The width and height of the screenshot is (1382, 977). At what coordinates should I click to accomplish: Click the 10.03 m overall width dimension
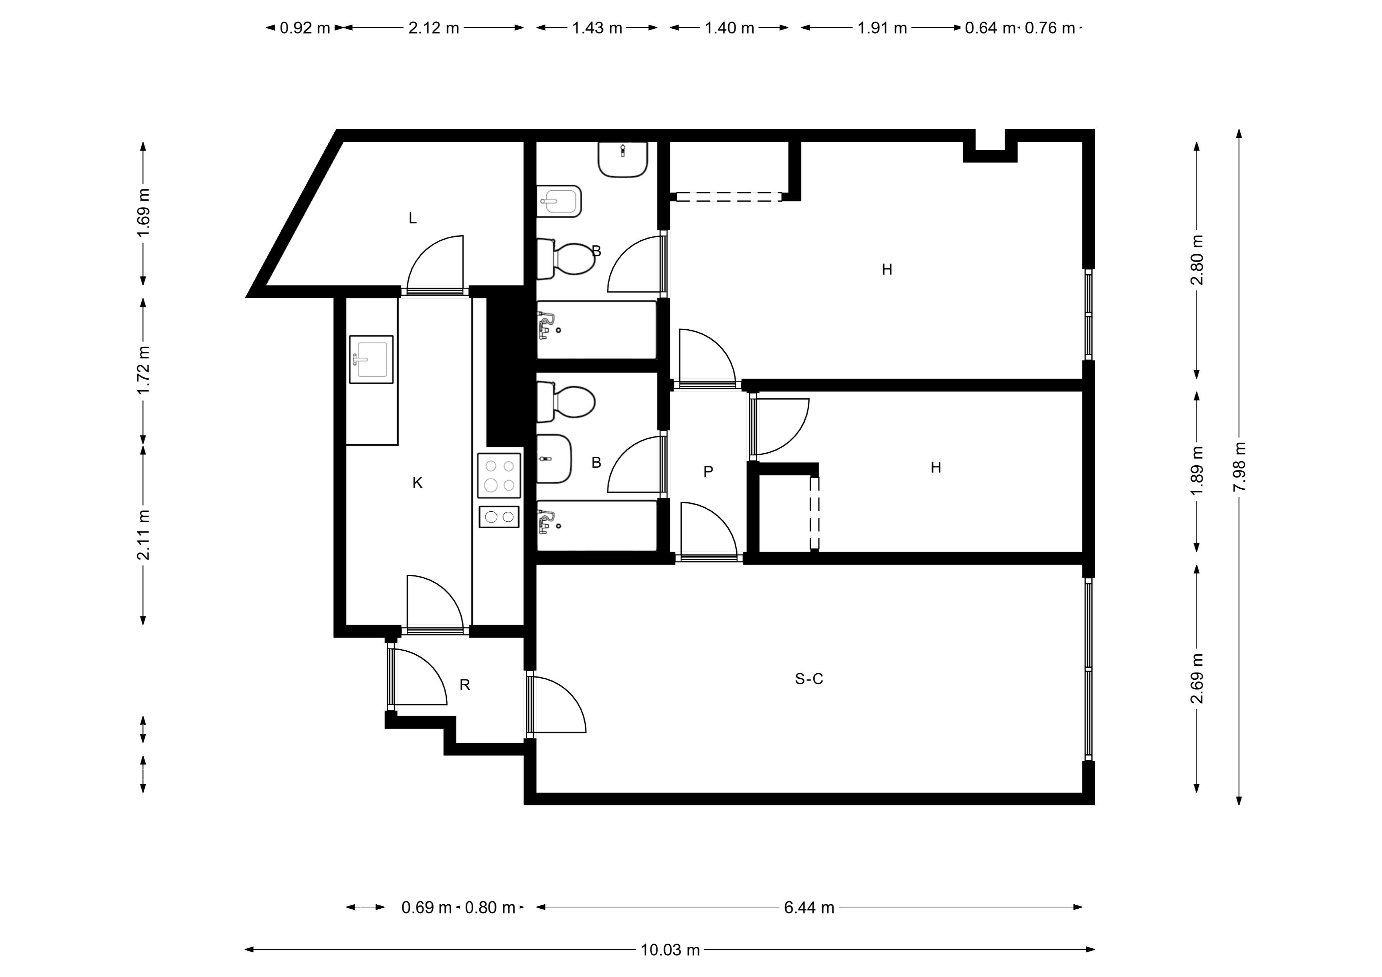coord(670,950)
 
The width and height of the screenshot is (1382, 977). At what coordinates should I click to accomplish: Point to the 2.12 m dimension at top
coord(433,28)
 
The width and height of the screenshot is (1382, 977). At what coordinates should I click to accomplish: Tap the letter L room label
coord(412,218)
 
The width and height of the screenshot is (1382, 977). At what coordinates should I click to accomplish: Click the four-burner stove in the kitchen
coord(499,476)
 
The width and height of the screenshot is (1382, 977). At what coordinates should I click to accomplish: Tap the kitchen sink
coord(371,359)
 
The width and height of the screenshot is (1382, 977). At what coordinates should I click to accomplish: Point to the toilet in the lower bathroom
coord(566,402)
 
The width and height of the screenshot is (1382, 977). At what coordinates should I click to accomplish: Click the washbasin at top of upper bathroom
coord(623,159)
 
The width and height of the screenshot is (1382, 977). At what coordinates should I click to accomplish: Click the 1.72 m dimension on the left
coord(143,370)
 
